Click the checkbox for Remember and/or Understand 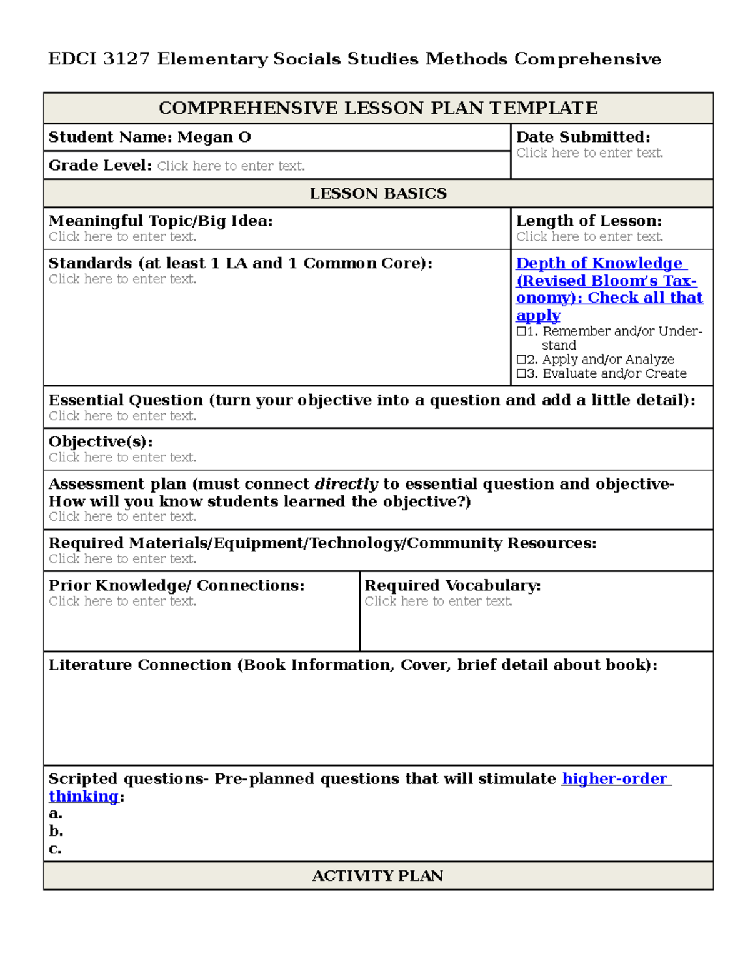pyautogui.click(x=521, y=331)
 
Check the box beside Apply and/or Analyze pyautogui.click(x=521, y=360)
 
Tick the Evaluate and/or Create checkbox pyautogui.click(x=521, y=374)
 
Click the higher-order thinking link pyautogui.click(x=616, y=779)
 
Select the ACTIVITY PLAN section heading pyautogui.click(x=377, y=876)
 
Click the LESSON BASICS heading pyautogui.click(x=378, y=194)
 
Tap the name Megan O pyautogui.click(x=214, y=138)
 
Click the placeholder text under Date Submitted pyautogui.click(x=589, y=153)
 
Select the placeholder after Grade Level pyautogui.click(x=231, y=166)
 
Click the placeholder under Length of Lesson pyautogui.click(x=589, y=237)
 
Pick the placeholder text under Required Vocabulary pyautogui.click(x=438, y=601)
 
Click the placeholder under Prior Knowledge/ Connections pyautogui.click(x=122, y=601)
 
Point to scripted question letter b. pyautogui.click(x=56, y=832)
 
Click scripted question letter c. pyautogui.click(x=55, y=849)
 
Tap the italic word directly pyautogui.click(x=346, y=485)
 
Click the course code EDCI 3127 pyautogui.click(x=99, y=59)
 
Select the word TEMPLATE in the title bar pyautogui.click(x=544, y=108)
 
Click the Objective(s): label pyautogui.click(x=101, y=442)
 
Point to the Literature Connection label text pyautogui.click(x=140, y=665)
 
